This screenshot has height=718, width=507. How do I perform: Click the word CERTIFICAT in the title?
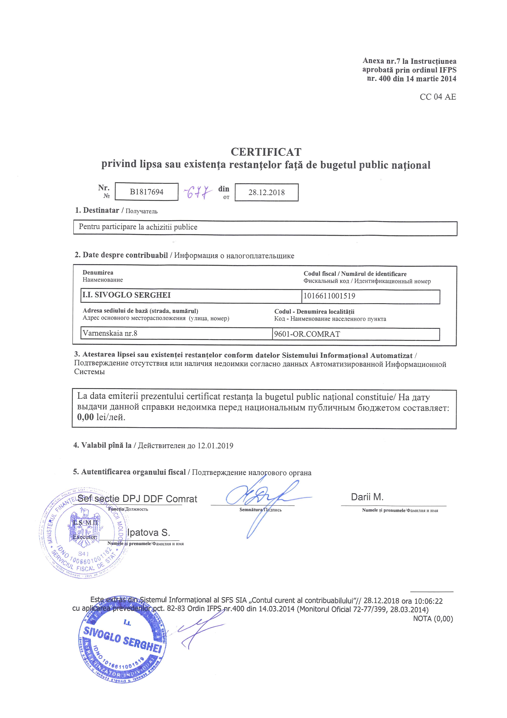[266, 152]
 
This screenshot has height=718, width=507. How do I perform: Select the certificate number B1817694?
[147, 192]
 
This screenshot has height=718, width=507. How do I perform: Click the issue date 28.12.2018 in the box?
[267, 192]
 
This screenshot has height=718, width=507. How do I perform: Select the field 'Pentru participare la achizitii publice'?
[138, 227]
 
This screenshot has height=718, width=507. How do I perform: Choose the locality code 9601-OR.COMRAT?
[307, 334]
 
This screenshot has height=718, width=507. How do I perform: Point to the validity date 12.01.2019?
[215, 446]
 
